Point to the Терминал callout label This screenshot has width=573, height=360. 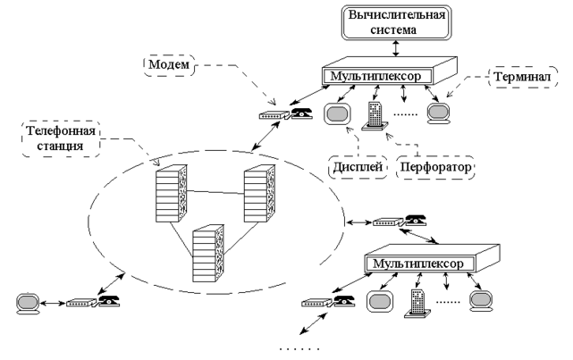[517, 79]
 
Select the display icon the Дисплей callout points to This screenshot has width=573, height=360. [338, 115]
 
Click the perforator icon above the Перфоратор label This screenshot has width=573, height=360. [375, 117]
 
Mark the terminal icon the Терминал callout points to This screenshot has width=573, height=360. [438, 113]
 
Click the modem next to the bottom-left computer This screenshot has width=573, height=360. [80, 302]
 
